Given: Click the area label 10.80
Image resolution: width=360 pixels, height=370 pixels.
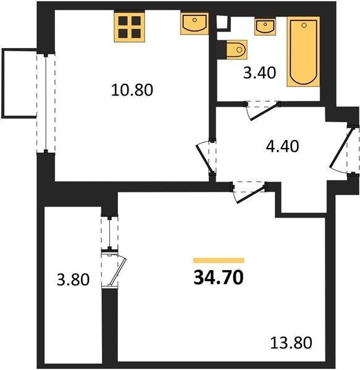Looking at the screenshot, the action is click(132, 90).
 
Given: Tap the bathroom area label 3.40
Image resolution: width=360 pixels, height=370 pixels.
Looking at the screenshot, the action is click(259, 72).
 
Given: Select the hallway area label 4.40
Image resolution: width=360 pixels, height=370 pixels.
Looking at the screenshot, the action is click(282, 146).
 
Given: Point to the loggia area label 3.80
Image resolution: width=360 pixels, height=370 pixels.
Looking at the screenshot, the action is click(73, 279).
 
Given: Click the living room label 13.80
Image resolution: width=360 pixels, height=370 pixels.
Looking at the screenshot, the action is click(291, 343).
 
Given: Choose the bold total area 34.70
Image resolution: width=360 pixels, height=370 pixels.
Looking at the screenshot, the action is click(219, 277).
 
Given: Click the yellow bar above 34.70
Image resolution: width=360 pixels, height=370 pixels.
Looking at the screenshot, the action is click(219, 260).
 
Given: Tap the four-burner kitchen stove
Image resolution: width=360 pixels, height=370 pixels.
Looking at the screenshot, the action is click(130, 27).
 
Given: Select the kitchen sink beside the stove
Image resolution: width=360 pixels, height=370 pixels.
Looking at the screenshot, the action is click(195, 24).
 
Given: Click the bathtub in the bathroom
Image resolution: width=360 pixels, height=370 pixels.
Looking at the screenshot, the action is click(303, 52).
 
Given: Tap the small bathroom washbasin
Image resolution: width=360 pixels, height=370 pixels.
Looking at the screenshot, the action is click(265, 27).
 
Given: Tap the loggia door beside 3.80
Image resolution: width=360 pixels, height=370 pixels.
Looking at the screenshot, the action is click(114, 269).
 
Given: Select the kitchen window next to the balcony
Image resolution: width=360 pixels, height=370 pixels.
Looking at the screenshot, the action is click(46, 102).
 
